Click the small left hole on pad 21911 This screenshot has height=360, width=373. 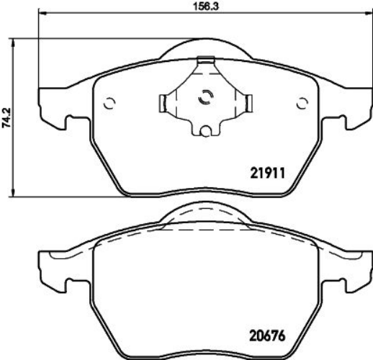click(x=109, y=102)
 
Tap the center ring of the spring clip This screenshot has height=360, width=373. click(x=205, y=99)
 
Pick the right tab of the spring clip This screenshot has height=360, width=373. click(x=246, y=103)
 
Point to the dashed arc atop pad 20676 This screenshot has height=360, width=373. click(x=205, y=210)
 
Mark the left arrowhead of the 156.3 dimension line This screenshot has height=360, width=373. click(x=40, y=14)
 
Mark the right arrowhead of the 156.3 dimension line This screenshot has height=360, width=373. click(x=367, y=14)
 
